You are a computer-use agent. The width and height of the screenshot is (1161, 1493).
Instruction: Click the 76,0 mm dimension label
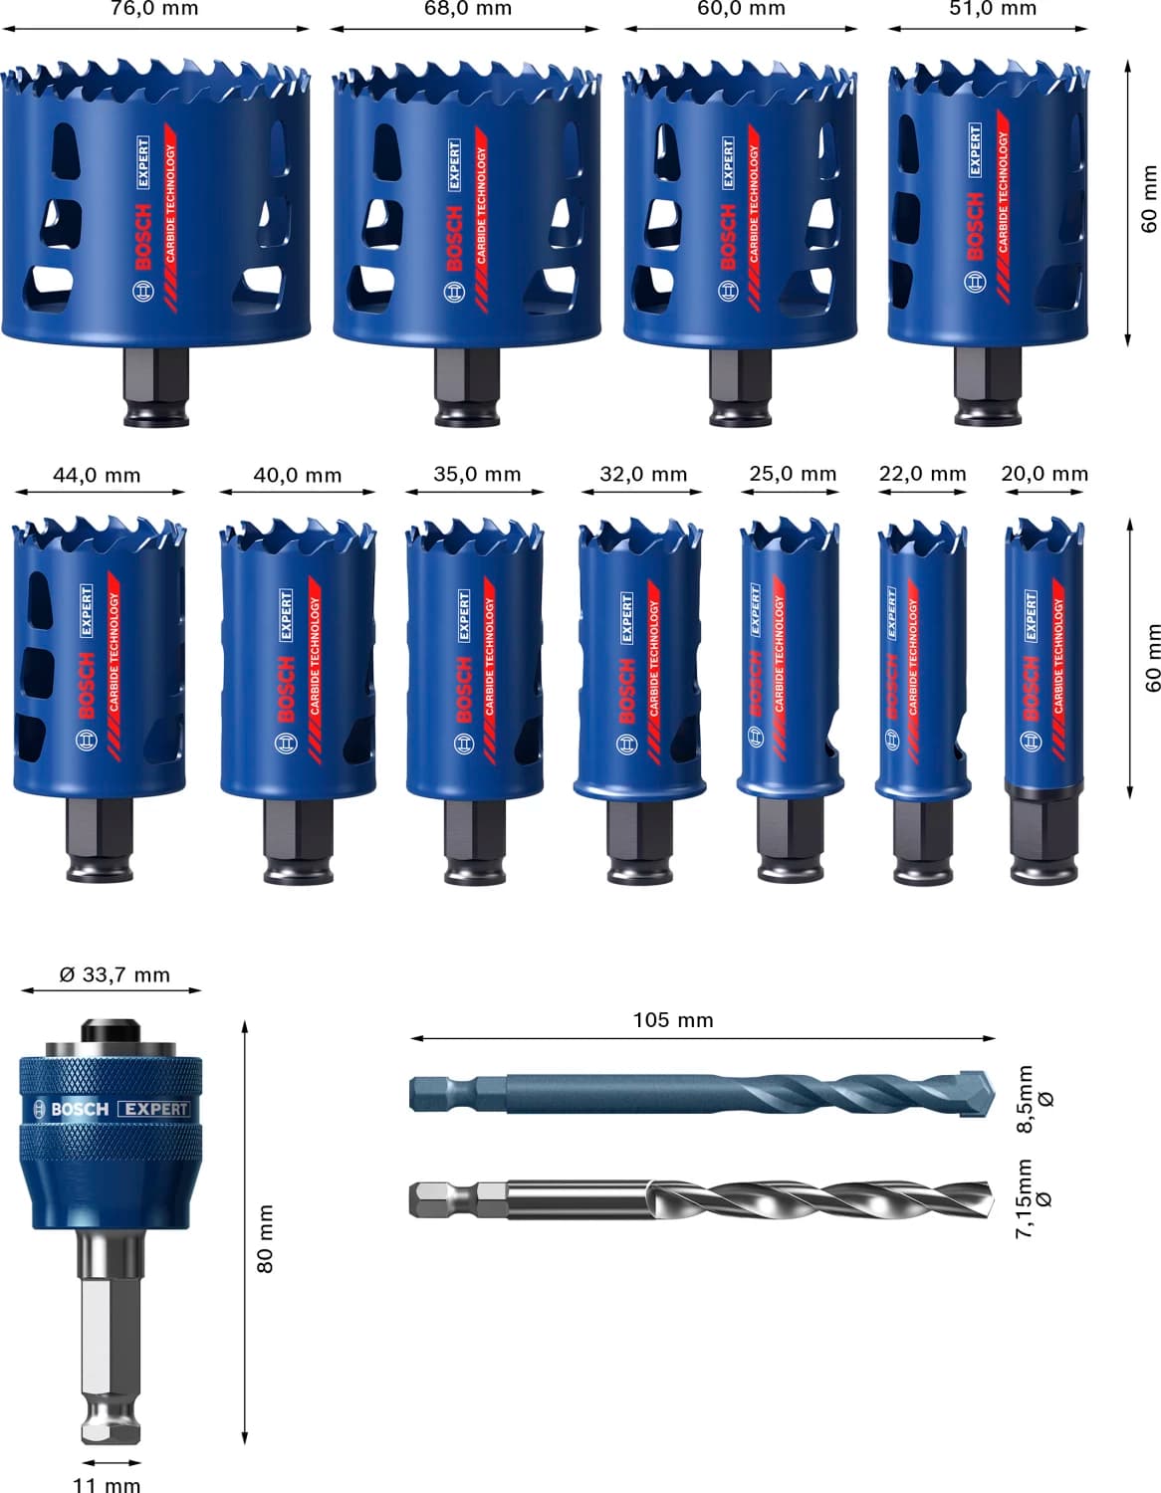click(154, 9)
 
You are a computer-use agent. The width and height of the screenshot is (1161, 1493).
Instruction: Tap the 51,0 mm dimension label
click(992, 9)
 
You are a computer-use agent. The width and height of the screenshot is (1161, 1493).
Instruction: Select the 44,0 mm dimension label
click(97, 475)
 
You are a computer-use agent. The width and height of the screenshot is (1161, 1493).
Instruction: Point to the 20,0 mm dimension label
click(1044, 474)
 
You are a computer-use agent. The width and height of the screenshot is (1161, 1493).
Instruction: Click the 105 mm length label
click(673, 1019)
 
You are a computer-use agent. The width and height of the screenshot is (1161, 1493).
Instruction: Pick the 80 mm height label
click(265, 1238)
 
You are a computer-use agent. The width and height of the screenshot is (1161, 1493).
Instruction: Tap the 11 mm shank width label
click(107, 1484)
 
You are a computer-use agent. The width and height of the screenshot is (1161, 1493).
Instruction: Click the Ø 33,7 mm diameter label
click(115, 974)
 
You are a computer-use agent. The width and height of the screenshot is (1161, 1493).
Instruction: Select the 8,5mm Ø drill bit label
click(1034, 1099)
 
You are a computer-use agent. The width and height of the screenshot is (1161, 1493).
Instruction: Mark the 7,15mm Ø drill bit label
click(1034, 1197)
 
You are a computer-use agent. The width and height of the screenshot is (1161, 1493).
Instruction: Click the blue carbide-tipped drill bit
click(697, 1095)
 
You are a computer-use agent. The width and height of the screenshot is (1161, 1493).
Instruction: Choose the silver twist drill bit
click(697, 1198)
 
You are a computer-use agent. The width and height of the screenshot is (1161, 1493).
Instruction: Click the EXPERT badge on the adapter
click(153, 1108)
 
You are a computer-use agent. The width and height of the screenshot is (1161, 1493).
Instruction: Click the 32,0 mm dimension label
click(642, 474)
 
